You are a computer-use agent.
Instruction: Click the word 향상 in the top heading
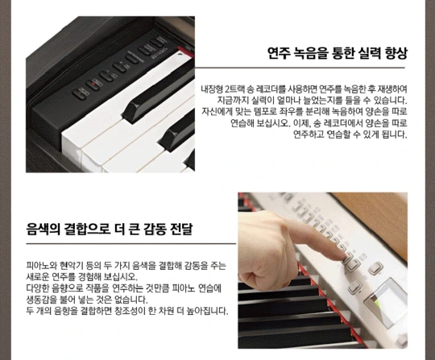pos(396,53)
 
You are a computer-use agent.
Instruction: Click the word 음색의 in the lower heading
pos(43,229)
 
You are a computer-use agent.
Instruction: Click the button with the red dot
pos(93,85)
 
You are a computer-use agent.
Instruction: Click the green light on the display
pos(376,302)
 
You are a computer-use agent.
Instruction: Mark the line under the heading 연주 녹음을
pos(300,68)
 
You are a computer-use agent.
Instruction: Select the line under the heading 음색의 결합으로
pos(131,244)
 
